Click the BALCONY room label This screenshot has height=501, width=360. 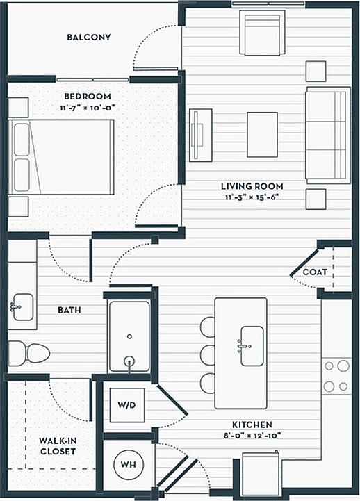pos(89,37)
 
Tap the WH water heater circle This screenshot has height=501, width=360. pos(128,463)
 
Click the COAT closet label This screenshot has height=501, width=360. pos(314,272)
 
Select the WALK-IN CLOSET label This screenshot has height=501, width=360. pos(57,445)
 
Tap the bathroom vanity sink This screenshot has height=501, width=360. pos(22,306)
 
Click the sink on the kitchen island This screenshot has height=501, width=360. pos(252,345)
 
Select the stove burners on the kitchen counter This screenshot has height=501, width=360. pos(335,376)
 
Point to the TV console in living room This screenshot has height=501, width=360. pos(199,133)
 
